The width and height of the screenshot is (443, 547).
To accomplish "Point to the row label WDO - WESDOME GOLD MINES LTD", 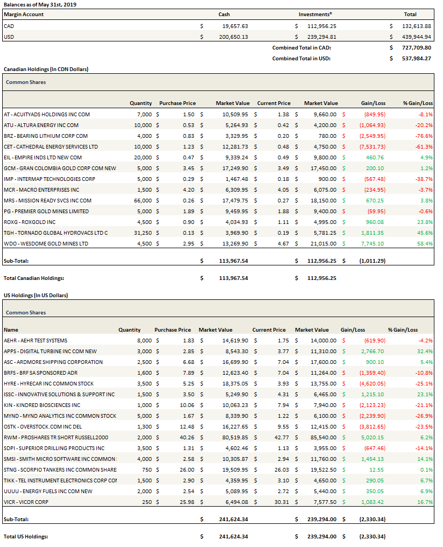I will point(46,243).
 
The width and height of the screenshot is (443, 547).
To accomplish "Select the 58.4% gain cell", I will point(425,243).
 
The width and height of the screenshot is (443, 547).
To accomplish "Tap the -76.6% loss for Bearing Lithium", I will point(424,136).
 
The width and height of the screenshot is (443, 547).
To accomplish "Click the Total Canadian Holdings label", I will point(34,278).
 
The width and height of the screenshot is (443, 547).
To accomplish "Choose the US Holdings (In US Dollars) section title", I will point(36,295).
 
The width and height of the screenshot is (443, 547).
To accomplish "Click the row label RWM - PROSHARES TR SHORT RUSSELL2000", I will point(56,437).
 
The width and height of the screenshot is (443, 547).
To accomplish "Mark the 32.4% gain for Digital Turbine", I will point(425,351).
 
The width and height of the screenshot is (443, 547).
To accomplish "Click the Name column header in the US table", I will point(11,329).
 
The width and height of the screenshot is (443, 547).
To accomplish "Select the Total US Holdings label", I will point(26,536).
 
